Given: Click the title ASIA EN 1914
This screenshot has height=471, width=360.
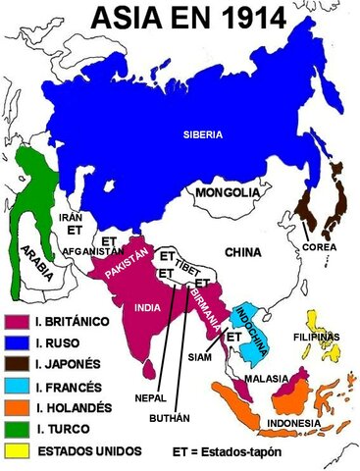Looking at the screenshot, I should tap(180, 19).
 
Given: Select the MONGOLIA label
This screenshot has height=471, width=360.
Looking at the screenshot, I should tap(227, 192).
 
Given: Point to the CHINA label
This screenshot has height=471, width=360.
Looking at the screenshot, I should tap(242, 252).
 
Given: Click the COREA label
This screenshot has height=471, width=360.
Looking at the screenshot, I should tap(319, 247).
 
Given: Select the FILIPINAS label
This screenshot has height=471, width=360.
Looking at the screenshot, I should tap(316, 337).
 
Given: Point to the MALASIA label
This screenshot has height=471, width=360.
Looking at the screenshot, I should tap(267, 378).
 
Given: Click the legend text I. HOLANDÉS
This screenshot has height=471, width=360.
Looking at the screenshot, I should tap(73, 408).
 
